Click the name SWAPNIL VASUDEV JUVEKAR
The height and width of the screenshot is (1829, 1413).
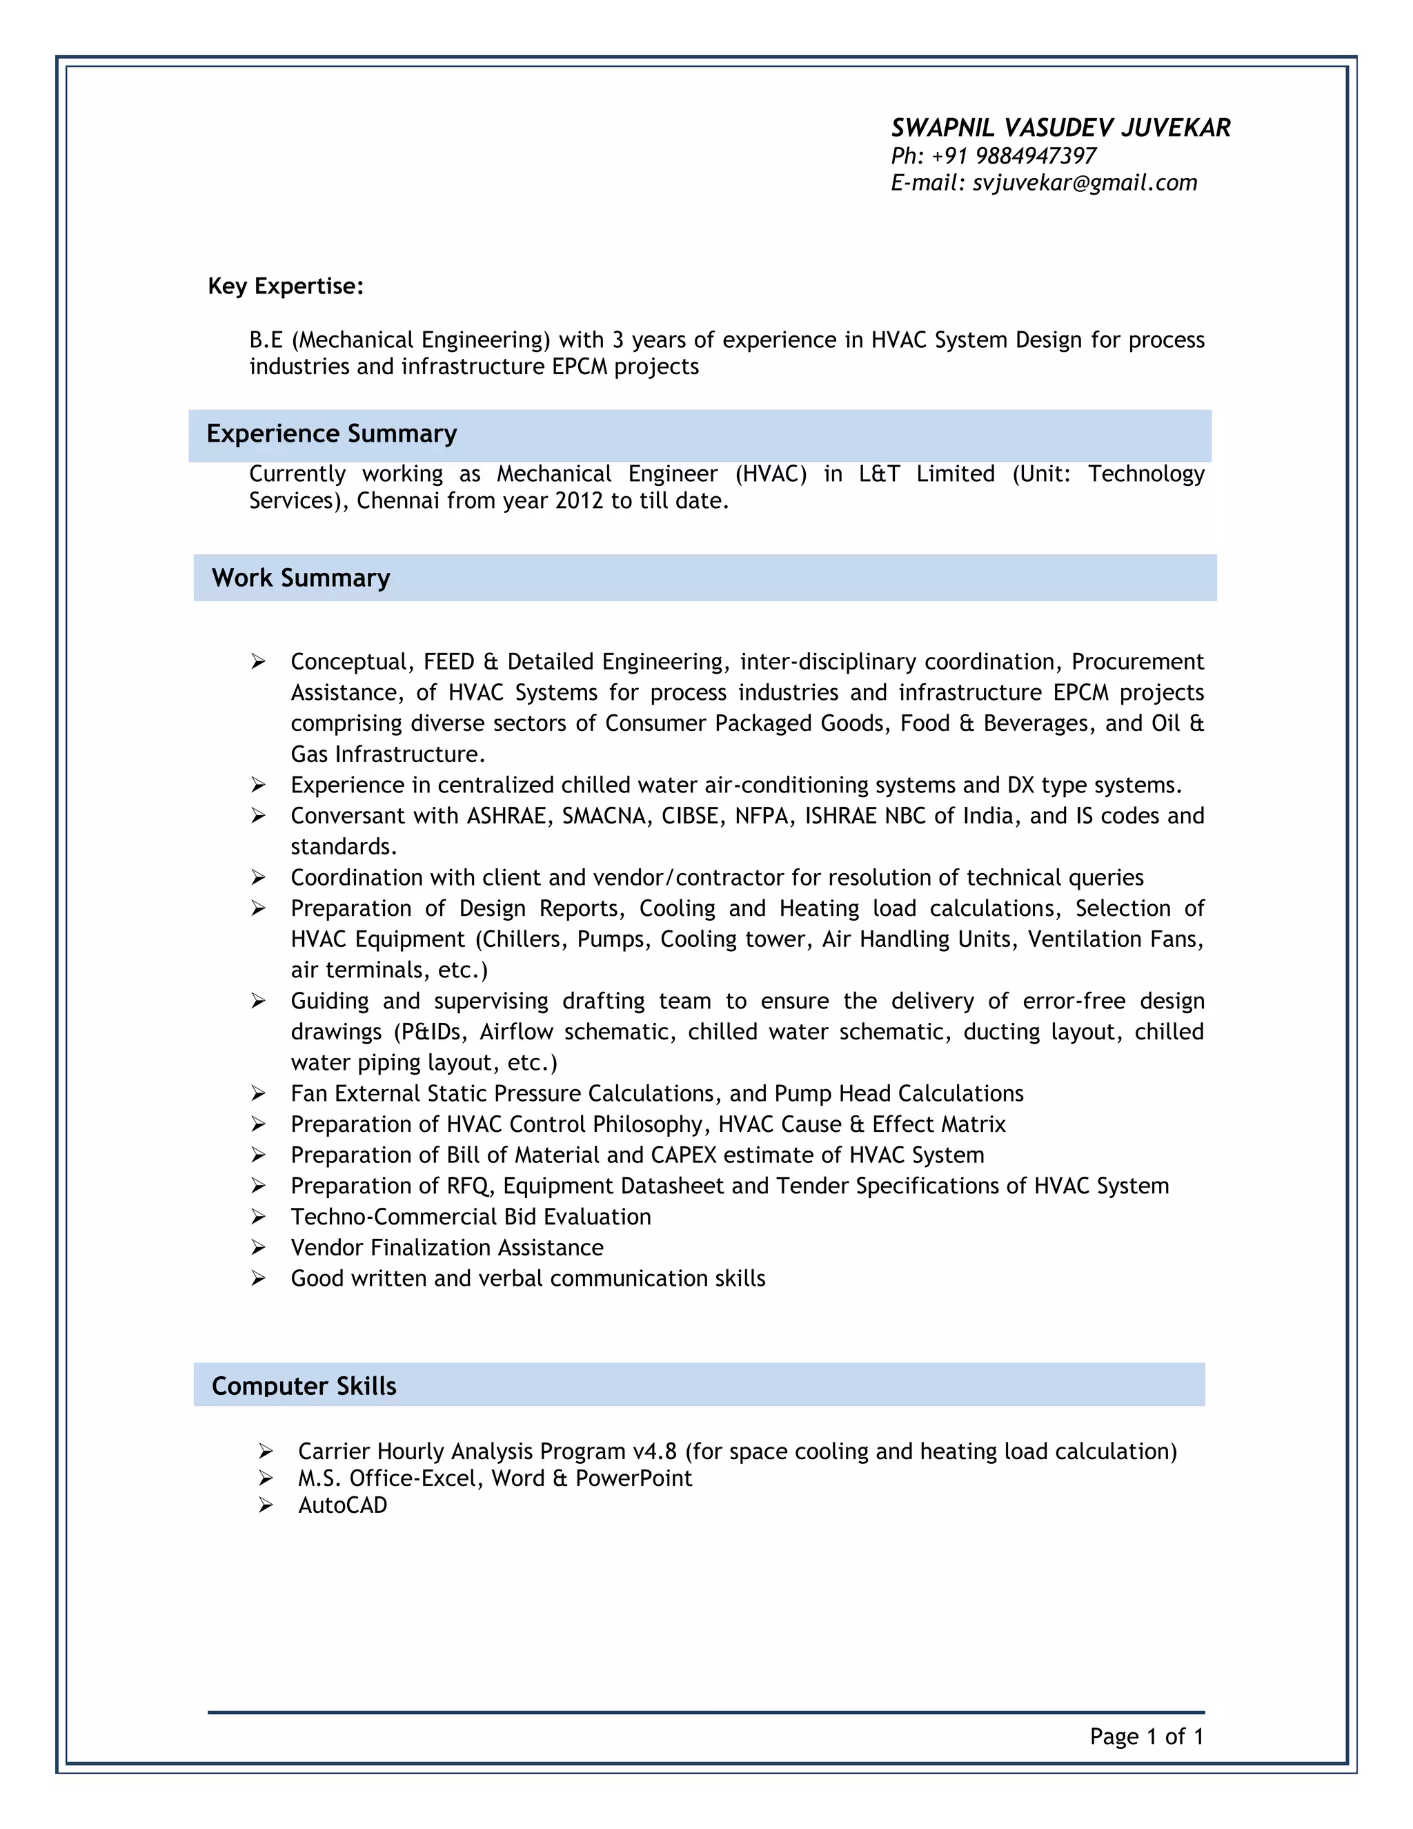(x=1060, y=128)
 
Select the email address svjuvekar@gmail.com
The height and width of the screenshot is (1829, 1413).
(x=1084, y=184)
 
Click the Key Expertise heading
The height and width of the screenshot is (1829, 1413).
(x=286, y=286)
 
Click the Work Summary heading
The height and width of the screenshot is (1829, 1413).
(x=301, y=578)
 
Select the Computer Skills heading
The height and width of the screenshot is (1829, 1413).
(x=304, y=1386)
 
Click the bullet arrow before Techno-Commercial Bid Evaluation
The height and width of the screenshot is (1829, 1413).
(x=259, y=1217)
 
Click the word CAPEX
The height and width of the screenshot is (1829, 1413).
(x=683, y=1155)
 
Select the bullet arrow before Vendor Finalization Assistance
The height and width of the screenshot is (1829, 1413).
(x=259, y=1248)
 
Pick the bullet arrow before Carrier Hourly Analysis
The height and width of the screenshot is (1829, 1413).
(x=266, y=1451)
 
